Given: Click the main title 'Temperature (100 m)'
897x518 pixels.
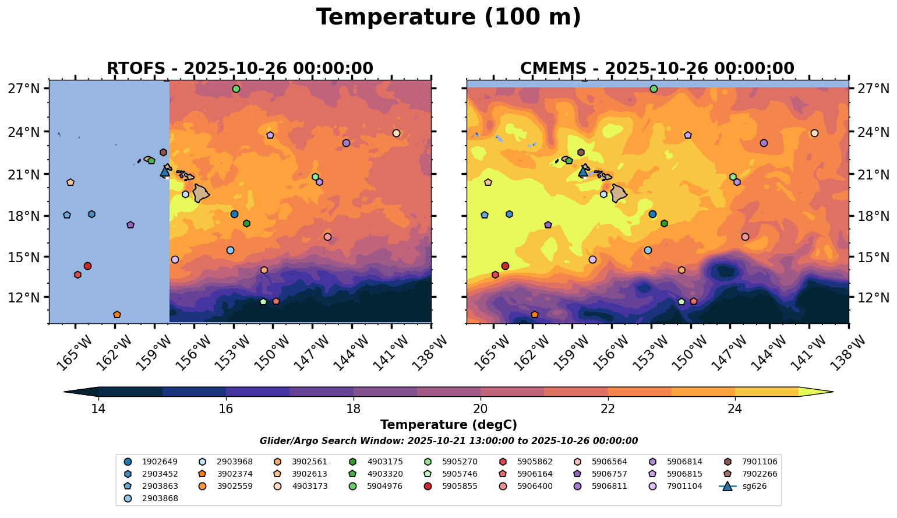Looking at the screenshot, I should (448, 17).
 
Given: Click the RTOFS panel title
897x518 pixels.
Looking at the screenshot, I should (239, 69).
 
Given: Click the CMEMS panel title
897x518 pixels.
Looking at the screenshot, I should (657, 69).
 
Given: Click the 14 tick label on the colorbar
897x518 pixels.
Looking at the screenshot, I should (98, 408).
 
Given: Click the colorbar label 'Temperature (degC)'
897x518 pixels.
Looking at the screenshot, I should (448, 425).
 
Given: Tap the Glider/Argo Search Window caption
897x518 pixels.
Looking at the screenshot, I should (448, 441).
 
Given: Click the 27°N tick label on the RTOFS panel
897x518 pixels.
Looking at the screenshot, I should (24, 89).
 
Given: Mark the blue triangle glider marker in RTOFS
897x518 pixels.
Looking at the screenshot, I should (165, 171).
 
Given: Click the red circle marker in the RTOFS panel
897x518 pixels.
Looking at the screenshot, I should (87, 266).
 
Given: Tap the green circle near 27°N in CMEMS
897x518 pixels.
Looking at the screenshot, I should (654, 89).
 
